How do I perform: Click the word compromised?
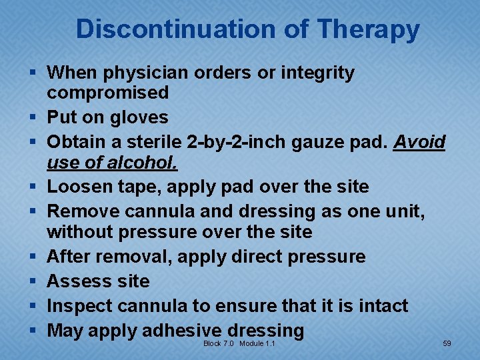coord(107,93)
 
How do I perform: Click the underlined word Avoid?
coord(419,142)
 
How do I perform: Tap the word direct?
coord(255,257)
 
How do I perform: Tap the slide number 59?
coord(447,343)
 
